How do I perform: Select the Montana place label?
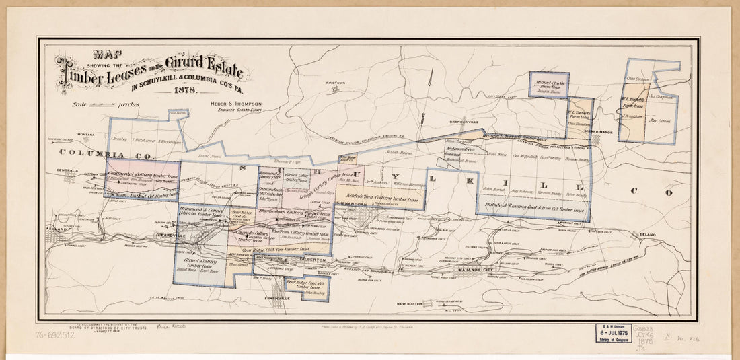tap(85, 135)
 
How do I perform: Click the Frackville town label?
tap(278, 298)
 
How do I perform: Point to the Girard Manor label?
tap(597, 132)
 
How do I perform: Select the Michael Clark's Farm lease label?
tap(548, 84)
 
